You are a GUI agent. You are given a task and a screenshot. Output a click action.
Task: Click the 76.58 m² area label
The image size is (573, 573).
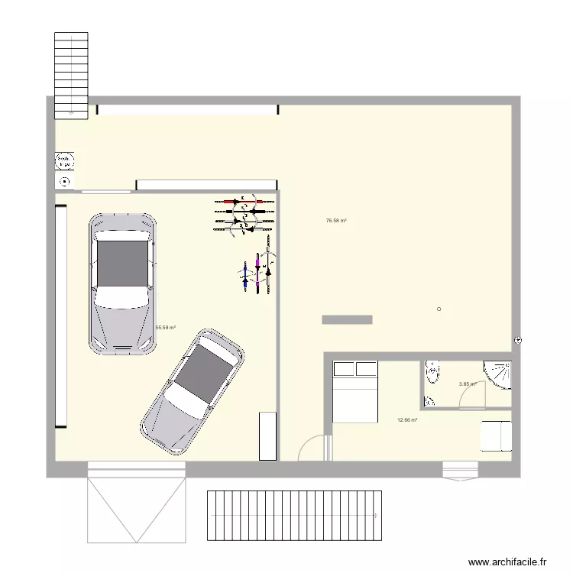336,221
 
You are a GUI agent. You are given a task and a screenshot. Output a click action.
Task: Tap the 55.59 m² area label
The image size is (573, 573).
166,328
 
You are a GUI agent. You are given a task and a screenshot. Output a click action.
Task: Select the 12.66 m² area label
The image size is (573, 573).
407,419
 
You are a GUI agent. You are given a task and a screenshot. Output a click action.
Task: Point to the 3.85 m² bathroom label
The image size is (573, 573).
468,384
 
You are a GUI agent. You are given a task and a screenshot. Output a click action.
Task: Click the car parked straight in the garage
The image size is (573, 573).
123,283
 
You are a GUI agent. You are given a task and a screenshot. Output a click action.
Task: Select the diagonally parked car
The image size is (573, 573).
193,392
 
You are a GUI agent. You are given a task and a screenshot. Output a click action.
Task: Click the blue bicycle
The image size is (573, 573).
245,274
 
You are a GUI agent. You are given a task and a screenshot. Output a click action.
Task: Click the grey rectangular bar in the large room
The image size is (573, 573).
347,319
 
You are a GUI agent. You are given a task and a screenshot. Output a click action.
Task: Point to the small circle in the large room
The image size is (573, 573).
439,309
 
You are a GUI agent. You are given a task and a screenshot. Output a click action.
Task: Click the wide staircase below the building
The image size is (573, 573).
294,516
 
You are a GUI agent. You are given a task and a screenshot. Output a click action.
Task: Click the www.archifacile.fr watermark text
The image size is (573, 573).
507,562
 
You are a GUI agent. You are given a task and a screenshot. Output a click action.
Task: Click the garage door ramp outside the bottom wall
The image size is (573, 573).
137,504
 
